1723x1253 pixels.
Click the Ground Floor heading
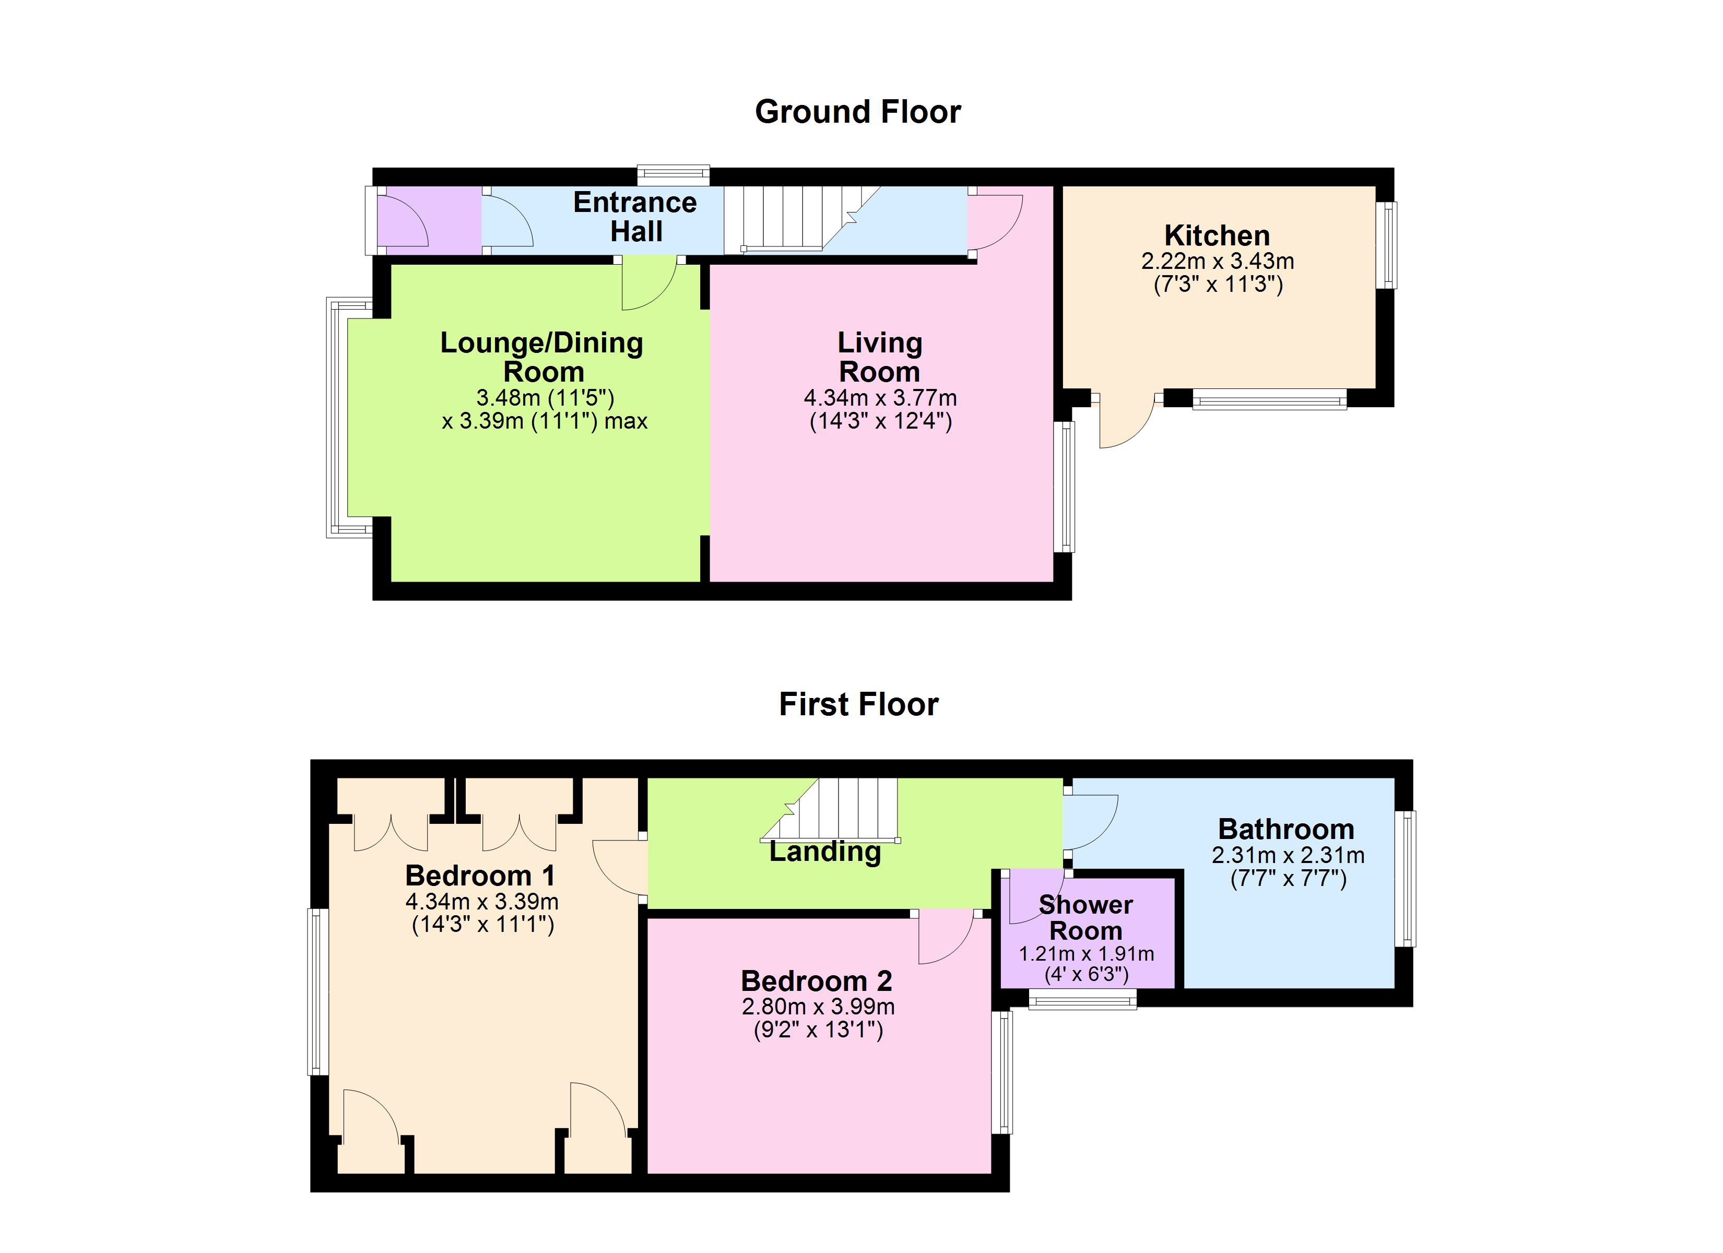[858, 112]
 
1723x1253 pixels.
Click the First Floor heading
[858, 704]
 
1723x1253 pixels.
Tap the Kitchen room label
[1217, 235]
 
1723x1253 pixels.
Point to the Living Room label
[880, 357]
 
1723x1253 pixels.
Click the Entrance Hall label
[635, 217]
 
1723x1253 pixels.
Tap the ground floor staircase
[801, 220]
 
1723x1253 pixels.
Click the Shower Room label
[1085, 917]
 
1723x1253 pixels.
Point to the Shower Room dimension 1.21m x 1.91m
[1087, 954]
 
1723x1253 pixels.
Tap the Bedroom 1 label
[480, 876]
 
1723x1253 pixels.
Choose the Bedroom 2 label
[817, 981]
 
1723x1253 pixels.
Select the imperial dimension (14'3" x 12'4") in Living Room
[880, 421]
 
